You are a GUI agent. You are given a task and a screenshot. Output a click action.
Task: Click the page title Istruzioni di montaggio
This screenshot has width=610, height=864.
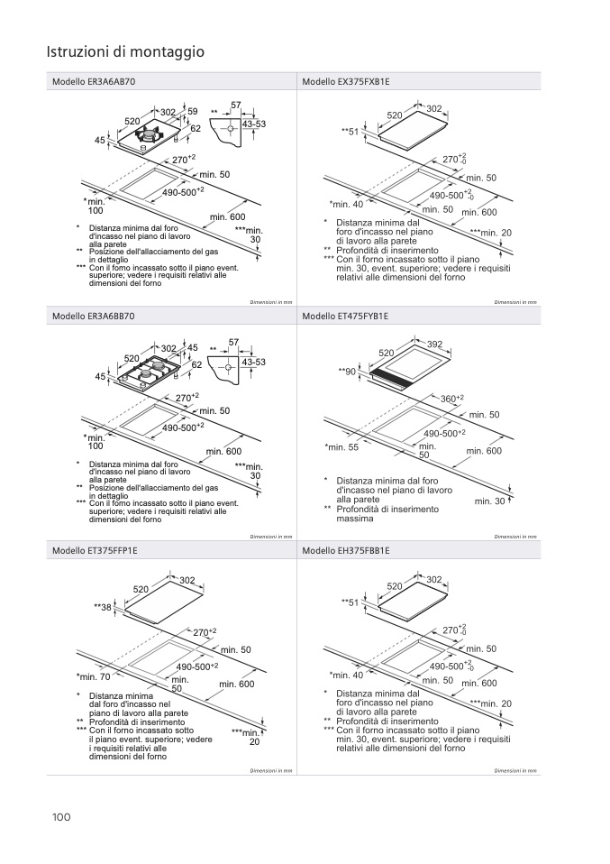[125, 52]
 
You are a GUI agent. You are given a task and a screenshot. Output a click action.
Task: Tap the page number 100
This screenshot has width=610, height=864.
[61, 817]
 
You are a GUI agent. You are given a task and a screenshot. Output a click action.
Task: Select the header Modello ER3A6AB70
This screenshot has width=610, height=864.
[94, 81]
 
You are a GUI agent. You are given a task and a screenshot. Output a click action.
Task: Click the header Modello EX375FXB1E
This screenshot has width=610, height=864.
[346, 81]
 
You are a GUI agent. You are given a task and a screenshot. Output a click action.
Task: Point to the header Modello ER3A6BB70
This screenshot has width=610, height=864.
[94, 316]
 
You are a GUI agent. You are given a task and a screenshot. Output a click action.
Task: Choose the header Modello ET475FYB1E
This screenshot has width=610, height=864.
[345, 316]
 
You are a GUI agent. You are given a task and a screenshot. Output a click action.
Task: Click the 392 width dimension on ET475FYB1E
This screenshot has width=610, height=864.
[434, 345]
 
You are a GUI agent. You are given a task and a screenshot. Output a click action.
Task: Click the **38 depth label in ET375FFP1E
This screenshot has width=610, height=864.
[102, 608]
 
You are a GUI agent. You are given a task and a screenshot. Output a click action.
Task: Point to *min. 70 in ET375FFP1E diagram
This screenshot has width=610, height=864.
[93, 676]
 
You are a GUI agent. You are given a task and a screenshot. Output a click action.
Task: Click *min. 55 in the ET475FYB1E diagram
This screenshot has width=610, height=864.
[341, 447]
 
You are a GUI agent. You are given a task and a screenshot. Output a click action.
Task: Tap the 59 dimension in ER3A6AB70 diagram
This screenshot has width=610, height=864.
[192, 111]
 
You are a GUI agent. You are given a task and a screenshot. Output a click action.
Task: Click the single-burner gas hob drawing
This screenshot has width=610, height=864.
[148, 137]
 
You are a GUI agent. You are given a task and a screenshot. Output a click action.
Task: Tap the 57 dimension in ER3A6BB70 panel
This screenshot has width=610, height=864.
[234, 342]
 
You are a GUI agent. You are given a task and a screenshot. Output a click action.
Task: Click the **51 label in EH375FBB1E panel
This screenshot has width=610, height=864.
[350, 602]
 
